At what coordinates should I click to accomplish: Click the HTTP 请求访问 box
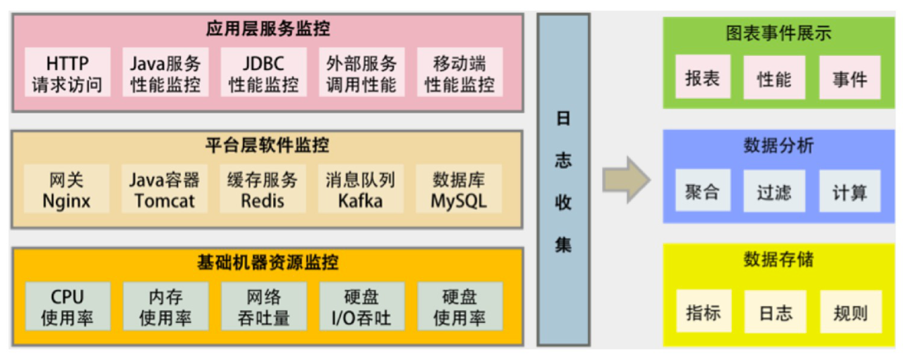[x=67, y=73]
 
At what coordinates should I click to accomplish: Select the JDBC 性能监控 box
[x=264, y=73]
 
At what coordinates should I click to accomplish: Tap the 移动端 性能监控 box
[x=460, y=73]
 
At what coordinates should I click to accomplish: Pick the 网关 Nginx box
[x=67, y=189]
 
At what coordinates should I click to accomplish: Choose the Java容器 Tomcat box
[x=164, y=189]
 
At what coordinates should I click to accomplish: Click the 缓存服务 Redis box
[x=262, y=189]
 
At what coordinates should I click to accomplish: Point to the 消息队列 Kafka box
[x=361, y=189]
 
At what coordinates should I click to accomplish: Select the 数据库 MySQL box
[x=459, y=189]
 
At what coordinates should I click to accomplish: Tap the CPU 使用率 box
[x=67, y=307]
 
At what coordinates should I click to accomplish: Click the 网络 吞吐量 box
[x=264, y=307]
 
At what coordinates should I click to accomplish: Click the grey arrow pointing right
[x=627, y=180]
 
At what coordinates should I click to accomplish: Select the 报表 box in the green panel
[x=703, y=78]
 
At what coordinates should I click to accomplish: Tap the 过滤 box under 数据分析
[x=775, y=192]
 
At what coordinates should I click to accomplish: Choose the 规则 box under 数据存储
[x=851, y=312]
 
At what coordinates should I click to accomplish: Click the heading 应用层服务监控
[x=267, y=29]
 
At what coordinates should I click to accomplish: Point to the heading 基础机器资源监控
[x=267, y=263]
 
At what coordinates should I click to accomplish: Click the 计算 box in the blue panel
[x=850, y=192]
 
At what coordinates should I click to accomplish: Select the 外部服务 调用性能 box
[x=361, y=73]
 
